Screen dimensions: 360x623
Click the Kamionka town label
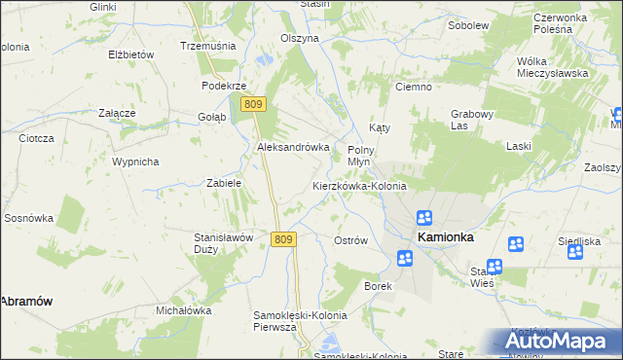(x=445, y=236)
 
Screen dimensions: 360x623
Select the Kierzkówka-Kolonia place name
(x=359, y=185)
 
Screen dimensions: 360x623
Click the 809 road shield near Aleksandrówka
(x=254, y=104)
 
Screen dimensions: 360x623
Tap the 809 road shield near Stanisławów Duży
(x=282, y=239)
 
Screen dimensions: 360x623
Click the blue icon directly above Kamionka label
(x=425, y=218)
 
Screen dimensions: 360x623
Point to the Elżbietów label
(x=131, y=54)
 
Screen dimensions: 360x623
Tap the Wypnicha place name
(x=135, y=162)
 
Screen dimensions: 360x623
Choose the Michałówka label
(x=184, y=310)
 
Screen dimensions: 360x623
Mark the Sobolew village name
(x=467, y=24)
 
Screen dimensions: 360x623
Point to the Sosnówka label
(x=26, y=218)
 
